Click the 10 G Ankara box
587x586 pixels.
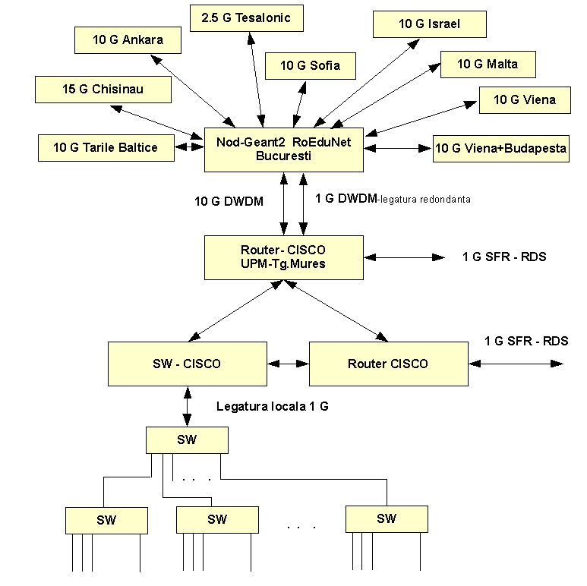coord(128,40)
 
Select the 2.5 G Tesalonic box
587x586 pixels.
coord(241,17)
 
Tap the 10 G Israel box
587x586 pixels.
coord(429,24)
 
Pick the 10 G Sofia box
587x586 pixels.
coord(310,66)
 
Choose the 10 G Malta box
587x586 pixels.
coord(488,64)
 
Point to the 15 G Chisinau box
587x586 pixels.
coord(103,90)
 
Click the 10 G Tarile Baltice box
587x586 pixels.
coord(106,147)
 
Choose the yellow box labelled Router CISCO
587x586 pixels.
coord(388,364)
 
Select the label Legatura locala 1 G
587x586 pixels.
coord(273,407)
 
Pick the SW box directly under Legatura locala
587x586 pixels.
coord(187,439)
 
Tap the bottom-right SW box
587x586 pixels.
coord(386,519)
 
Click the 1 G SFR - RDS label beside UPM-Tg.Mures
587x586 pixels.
coord(503,257)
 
